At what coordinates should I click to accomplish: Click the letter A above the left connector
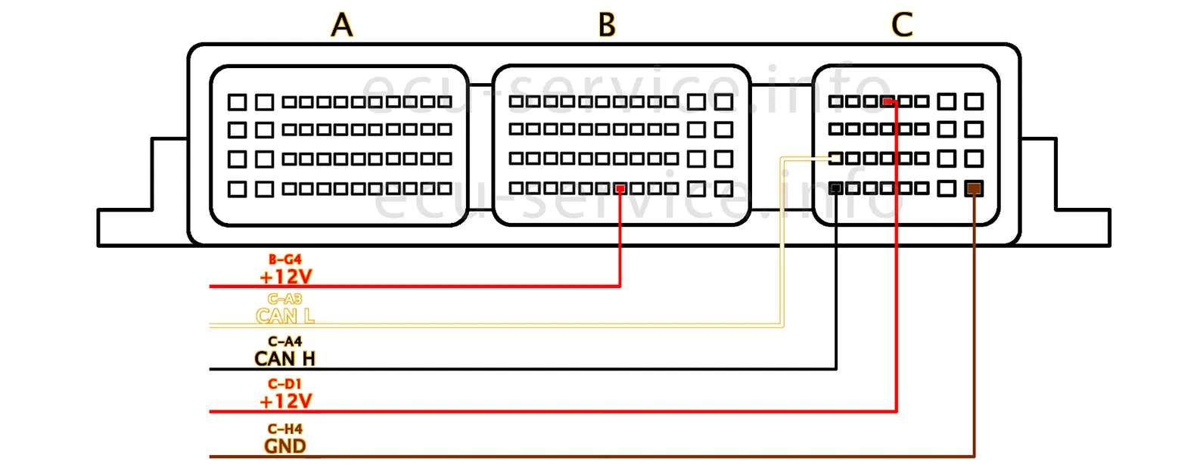[x=342, y=25]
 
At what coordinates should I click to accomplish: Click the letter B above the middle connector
[x=607, y=25]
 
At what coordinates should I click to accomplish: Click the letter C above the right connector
[x=902, y=25]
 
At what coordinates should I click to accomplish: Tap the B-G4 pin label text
[x=285, y=259]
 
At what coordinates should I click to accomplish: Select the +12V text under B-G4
[x=286, y=277]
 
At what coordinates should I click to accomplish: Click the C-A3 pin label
[x=285, y=299]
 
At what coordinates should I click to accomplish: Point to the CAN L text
[x=285, y=316]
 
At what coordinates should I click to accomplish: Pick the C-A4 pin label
[x=285, y=342]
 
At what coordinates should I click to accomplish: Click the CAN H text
[x=285, y=358]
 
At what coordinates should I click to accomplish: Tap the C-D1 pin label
[x=285, y=384]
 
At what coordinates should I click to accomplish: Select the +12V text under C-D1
[x=286, y=401]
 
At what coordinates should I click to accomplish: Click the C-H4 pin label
[x=285, y=429]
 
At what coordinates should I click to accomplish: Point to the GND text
[x=285, y=446]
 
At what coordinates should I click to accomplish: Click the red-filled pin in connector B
[x=620, y=188]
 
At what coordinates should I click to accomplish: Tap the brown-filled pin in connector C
[x=975, y=188]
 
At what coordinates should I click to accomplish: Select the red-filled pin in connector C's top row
[x=888, y=101]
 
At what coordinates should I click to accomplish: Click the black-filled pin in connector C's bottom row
[x=836, y=188]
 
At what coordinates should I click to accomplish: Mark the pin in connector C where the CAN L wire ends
[x=836, y=159]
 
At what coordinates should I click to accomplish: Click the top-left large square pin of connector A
[x=238, y=101]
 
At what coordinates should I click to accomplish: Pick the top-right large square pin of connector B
[x=724, y=101]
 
